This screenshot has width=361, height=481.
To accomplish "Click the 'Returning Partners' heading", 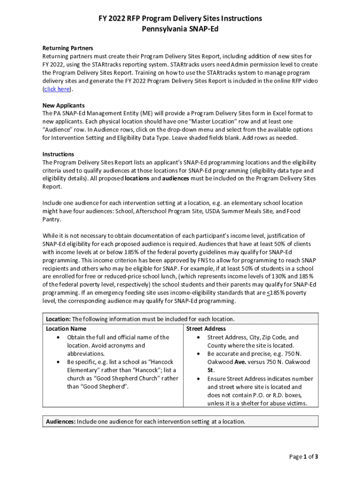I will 68,48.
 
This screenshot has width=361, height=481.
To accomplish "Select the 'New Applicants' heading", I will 63,105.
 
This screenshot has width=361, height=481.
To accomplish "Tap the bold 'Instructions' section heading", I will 58,154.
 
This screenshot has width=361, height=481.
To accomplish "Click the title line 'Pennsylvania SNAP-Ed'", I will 180,29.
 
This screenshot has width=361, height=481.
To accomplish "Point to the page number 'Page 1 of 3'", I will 303,457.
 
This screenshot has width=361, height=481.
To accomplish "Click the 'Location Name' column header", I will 66,329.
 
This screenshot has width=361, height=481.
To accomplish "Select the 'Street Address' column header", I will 206,329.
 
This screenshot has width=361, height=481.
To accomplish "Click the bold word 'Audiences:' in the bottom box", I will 60,421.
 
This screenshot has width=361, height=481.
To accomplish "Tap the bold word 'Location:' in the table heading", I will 58,319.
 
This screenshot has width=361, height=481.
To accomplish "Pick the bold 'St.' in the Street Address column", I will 211,370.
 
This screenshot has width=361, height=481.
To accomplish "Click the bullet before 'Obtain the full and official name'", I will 58,337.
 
